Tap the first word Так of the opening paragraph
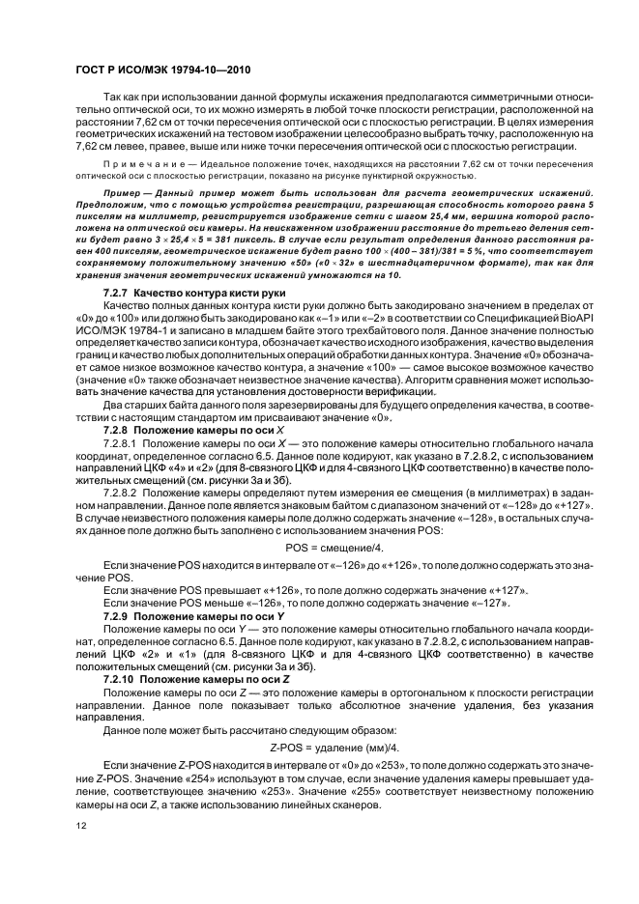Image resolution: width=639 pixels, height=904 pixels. (x=113, y=99)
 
